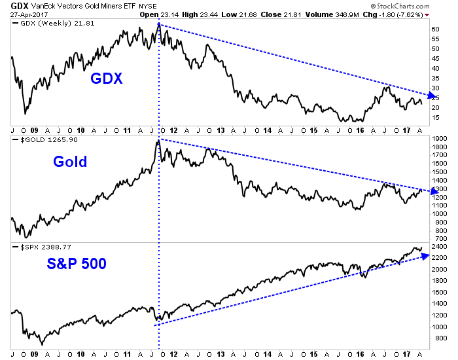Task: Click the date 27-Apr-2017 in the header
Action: [x=29, y=15]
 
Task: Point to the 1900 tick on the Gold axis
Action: [x=439, y=139]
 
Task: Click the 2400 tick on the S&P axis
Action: [x=439, y=247]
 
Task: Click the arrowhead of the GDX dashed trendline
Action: [x=429, y=96]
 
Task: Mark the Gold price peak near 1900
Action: [x=158, y=141]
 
